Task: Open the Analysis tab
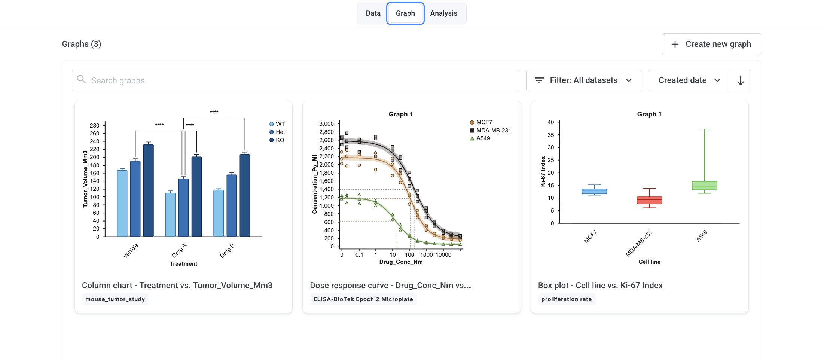tap(443, 13)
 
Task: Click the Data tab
tap(373, 13)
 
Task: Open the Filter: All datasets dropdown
tap(583, 80)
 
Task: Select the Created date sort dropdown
tap(689, 80)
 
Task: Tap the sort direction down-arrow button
tap(741, 80)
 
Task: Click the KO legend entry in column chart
tap(277, 140)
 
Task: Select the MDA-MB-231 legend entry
tap(490, 131)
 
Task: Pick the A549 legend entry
tap(480, 138)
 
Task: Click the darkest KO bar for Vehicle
tap(149, 190)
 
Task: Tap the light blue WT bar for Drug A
tap(170, 214)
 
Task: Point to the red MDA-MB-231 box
tap(649, 200)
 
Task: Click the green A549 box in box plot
tap(704, 186)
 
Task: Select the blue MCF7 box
tap(594, 191)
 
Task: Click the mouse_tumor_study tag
tap(115, 299)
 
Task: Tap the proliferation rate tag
tap(567, 299)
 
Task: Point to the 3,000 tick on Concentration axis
tap(326, 124)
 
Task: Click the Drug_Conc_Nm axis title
tap(401, 262)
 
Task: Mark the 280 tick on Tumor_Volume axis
tap(95, 126)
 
